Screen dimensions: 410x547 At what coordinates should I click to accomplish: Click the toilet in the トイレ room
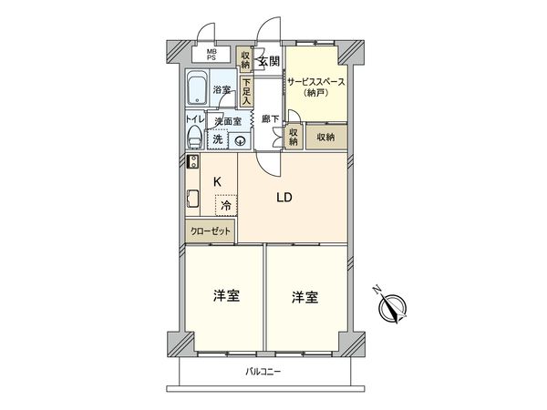click(x=194, y=138)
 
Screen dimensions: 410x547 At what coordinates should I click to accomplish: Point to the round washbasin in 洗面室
click(x=240, y=140)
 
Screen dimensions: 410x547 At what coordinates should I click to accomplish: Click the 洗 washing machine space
click(x=218, y=139)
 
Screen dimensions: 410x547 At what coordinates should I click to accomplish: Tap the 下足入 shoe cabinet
click(x=246, y=90)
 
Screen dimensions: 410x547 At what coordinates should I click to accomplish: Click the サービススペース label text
click(x=315, y=81)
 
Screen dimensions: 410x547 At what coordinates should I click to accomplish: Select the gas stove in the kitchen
click(x=192, y=163)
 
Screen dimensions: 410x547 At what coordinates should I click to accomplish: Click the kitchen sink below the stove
click(x=192, y=198)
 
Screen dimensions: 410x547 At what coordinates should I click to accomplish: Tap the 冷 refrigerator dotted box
click(x=226, y=205)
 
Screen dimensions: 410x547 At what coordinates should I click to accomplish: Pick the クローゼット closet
click(x=211, y=232)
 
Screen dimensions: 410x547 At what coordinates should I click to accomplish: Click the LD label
click(x=284, y=198)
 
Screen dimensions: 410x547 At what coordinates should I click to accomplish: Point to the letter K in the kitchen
click(x=217, y=181)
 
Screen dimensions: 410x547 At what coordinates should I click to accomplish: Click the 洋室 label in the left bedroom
click(x=226, y=297)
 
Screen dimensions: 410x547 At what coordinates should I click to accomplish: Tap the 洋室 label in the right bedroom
click(x=305, y=297)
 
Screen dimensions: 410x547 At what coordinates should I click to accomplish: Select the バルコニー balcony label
click(x=264, y=371)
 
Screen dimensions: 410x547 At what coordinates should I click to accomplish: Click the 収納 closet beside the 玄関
click(x=245, y=58)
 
